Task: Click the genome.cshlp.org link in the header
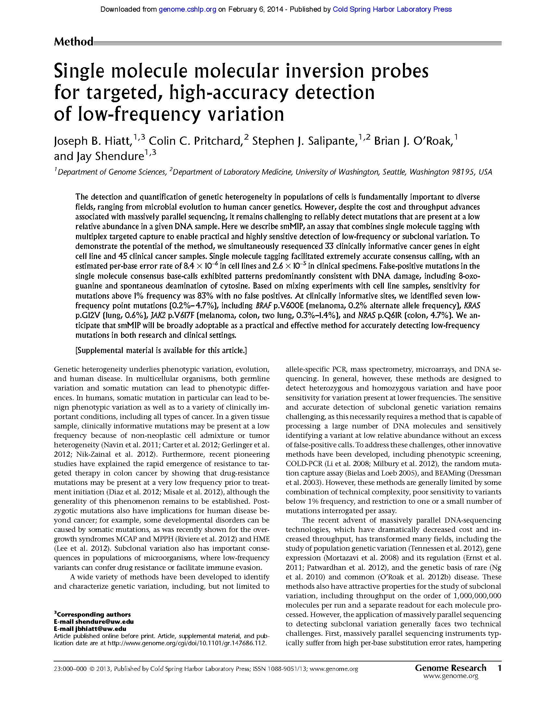[x=187, y=9]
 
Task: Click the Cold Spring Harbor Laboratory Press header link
[x=392, y=9]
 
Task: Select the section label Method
[x=74, y=42]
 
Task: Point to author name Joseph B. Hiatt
[x=93, y=141]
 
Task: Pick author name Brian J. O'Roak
[x=413, y=141]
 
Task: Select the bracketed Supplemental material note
[x=161, y=351]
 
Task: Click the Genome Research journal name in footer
[x=450, y=668]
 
